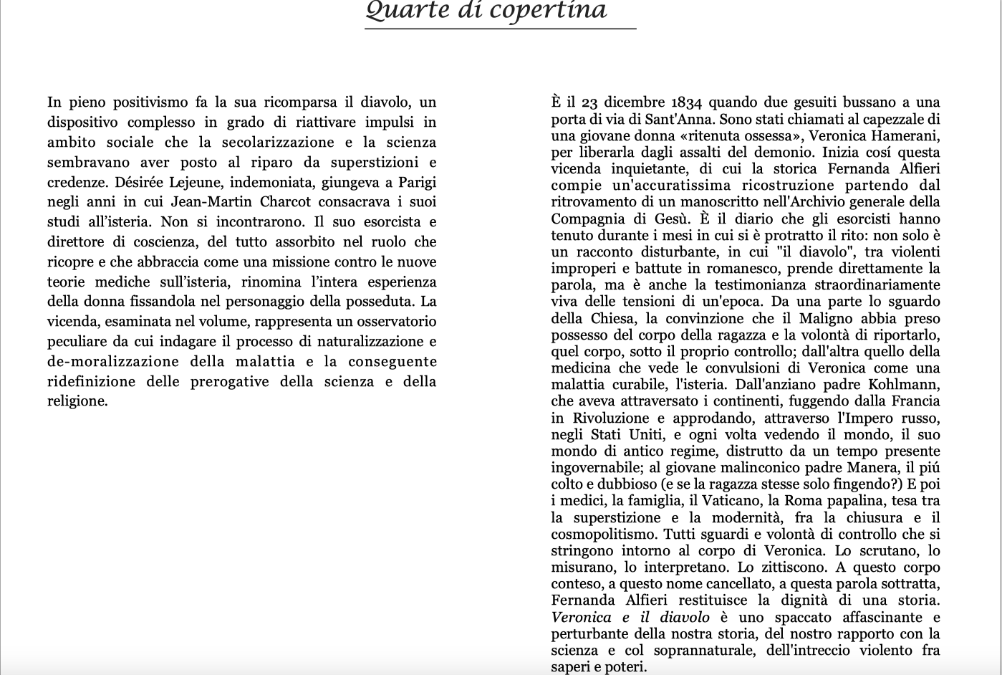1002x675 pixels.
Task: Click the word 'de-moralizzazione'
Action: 112,362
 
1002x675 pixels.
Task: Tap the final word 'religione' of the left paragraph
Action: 77,401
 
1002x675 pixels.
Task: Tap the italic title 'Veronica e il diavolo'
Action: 630,618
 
